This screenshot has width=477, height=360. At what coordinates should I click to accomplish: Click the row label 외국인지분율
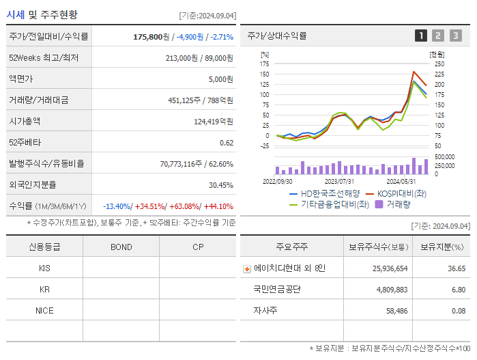33,184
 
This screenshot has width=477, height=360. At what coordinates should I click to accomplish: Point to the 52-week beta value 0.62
226,142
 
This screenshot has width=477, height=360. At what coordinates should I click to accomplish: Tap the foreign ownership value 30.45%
220,184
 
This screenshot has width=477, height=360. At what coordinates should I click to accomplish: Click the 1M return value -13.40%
118,206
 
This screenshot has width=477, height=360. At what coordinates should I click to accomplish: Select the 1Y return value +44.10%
218,206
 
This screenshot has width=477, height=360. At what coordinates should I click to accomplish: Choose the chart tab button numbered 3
455,36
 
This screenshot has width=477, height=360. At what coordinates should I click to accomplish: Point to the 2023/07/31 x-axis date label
339,182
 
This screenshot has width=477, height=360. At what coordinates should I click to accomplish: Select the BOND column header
121,247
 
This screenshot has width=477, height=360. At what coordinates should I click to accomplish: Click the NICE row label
44,310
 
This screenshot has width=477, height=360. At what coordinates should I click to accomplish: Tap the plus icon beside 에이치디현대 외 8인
247,268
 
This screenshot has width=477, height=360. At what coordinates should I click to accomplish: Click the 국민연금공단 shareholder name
277,289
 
